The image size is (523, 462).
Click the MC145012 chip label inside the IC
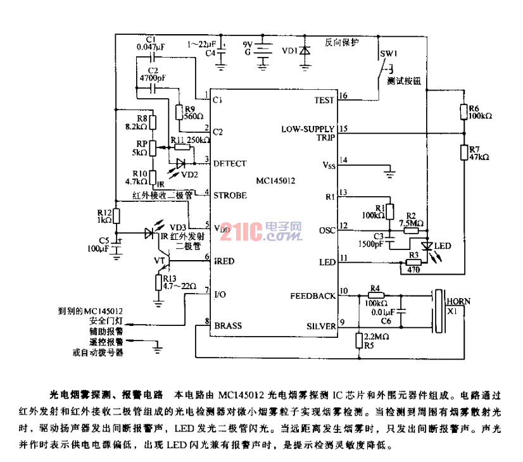click(x=275, y=180)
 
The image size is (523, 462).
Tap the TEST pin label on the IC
click(x=324, y=101)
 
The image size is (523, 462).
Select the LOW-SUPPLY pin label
click(x=308, y=128)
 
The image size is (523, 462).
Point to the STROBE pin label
click(x=230, y=196)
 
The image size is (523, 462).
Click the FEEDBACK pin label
click(x=313, y=296)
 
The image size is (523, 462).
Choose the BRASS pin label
click(x=228, y=326)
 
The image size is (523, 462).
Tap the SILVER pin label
click(x=321, y=326)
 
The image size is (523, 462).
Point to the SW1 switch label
click(x=388, y=54)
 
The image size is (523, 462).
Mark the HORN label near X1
click(x=458, y=302)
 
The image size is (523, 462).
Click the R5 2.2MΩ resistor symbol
click(x=358, y=341)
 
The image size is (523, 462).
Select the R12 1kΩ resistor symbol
click(x=116, y=216)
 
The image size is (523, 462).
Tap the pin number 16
click(x=343, y=96)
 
